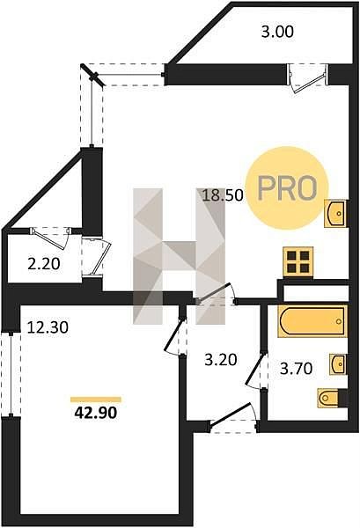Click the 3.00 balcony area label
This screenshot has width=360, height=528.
[x=277, y=32]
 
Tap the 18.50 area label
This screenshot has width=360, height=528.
[x=223, y=195]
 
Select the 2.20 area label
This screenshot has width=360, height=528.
[x=44, y=264]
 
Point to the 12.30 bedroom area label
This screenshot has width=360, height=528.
[x=48, y=327]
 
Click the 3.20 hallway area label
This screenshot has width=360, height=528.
[x=221, y=360]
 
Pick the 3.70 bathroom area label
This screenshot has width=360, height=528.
[x=297, y=369]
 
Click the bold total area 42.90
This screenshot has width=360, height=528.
[x=96, y=413]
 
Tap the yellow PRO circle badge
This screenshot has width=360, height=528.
[x=287, y=188]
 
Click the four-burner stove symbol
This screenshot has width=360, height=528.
[x=298, y=261]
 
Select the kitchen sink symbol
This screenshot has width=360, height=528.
[x=335, y=213]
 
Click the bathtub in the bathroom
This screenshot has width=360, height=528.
[x=312, y=321]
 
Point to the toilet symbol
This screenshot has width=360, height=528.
[x=333, y=398]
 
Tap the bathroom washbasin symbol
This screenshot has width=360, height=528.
[x=338, y=364]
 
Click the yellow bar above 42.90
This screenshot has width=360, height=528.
[x=96, y=400]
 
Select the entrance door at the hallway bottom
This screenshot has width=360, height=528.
[x=234, y=417]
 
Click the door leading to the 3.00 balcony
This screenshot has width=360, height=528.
[x=308, y=78]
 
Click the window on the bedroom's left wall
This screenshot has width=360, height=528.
[x=11, y=375]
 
